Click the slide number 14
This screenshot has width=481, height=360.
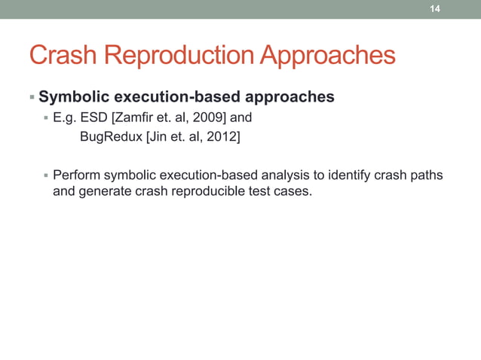pyautogui.click(x=434, y=9)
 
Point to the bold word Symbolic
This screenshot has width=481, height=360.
pyautogui.click(x=72, y=97)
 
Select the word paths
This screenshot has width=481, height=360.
pyautogui.click(x=427, y=175)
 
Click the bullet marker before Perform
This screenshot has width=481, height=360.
pyautogui.click(x=46, y=175)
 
